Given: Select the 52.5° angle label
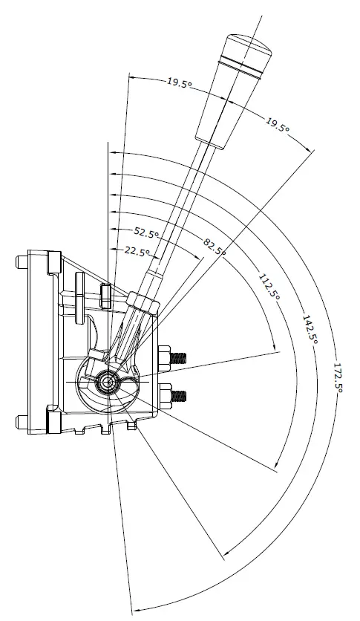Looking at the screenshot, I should (x=147, y=233).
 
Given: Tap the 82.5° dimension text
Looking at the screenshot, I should (x=214, y=246).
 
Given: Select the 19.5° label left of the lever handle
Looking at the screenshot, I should (x=180, y=84).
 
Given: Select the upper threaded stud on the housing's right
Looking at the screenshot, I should (x=175, y=357).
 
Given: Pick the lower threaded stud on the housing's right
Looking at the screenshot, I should (x=175, y=396).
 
